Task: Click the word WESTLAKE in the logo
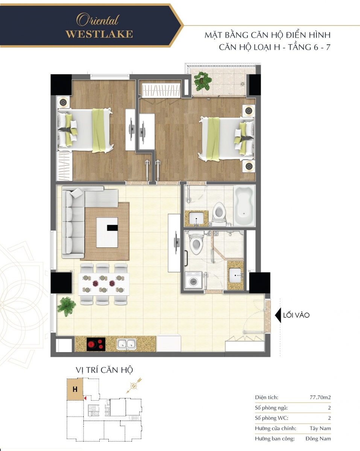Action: pos(99,34)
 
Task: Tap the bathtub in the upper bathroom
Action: pos(244,206)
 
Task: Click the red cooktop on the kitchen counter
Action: pos(96,344)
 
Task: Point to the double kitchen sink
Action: pos(126,344)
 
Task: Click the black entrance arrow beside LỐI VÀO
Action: pos(278,315)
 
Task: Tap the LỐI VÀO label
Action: pos(296,315)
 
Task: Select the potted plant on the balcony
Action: pos(202,81)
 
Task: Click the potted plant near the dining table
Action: pos(66,306)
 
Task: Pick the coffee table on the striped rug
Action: pos(107,232)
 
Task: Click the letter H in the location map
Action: pos(75,389)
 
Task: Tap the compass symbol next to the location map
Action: pos(134,386)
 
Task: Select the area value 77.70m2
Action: pos(320,397)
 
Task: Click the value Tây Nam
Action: pos(320,428)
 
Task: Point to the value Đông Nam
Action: pos(318,439)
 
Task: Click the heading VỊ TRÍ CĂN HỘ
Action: pos(104,370)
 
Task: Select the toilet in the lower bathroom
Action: pos(196,242)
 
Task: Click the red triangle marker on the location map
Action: pos(85,398)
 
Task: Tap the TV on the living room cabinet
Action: pos(176,243)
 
